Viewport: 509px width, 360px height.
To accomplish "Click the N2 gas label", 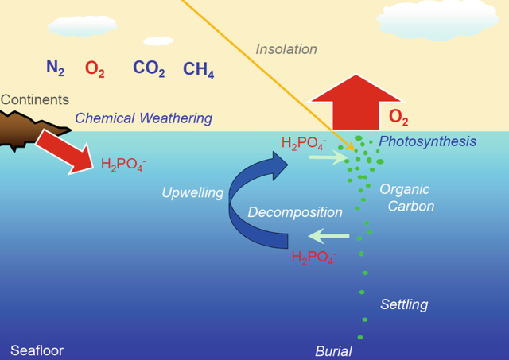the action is (55, 68).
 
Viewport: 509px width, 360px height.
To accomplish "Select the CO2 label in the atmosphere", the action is (149, 68).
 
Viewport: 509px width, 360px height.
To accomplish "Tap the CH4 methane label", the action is (199, 70).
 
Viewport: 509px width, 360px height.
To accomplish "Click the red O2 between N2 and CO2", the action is (95, 69).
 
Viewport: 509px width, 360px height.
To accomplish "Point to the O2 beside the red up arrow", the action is (398, 117).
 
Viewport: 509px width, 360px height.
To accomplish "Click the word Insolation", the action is (286, 49).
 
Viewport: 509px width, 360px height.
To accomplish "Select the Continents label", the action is (35, 99).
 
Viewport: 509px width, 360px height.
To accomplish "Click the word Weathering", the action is (176, 118).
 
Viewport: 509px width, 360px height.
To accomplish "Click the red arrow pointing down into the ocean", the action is (66, 152).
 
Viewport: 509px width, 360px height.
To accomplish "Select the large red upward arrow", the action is (356, 103).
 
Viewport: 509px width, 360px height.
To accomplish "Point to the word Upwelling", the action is (192, 192).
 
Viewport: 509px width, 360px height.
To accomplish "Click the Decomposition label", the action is (295, 212).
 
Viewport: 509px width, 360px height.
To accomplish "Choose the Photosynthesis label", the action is (428, 141).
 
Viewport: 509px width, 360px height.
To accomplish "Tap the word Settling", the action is (404, 305).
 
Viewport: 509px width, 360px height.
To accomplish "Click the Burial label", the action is (333, 351).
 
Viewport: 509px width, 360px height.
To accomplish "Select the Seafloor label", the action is (37, 350).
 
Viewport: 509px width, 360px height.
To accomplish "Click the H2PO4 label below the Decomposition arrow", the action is (314, 257).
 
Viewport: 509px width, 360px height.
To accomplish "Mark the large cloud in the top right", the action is (437, 20).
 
